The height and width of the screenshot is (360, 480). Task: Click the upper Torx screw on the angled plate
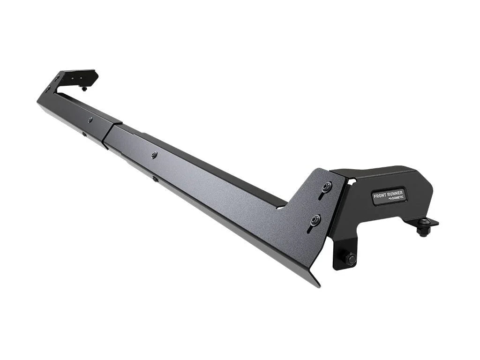[326, 187]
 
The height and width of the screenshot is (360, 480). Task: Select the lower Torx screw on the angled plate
[315, 218]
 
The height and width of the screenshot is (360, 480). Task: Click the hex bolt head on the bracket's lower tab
[350, 258]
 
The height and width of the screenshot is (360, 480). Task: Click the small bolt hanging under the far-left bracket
[84, 88]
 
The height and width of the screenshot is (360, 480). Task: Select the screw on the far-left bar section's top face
[90, 120]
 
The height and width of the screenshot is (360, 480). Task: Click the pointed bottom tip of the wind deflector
[318, 284]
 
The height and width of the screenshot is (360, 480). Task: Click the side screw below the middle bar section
[155, 178]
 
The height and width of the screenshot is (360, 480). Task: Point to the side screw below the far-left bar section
[84, 135]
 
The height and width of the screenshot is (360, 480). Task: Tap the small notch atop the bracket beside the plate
[352, 180]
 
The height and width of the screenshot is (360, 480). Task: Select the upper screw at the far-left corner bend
[57, 77]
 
